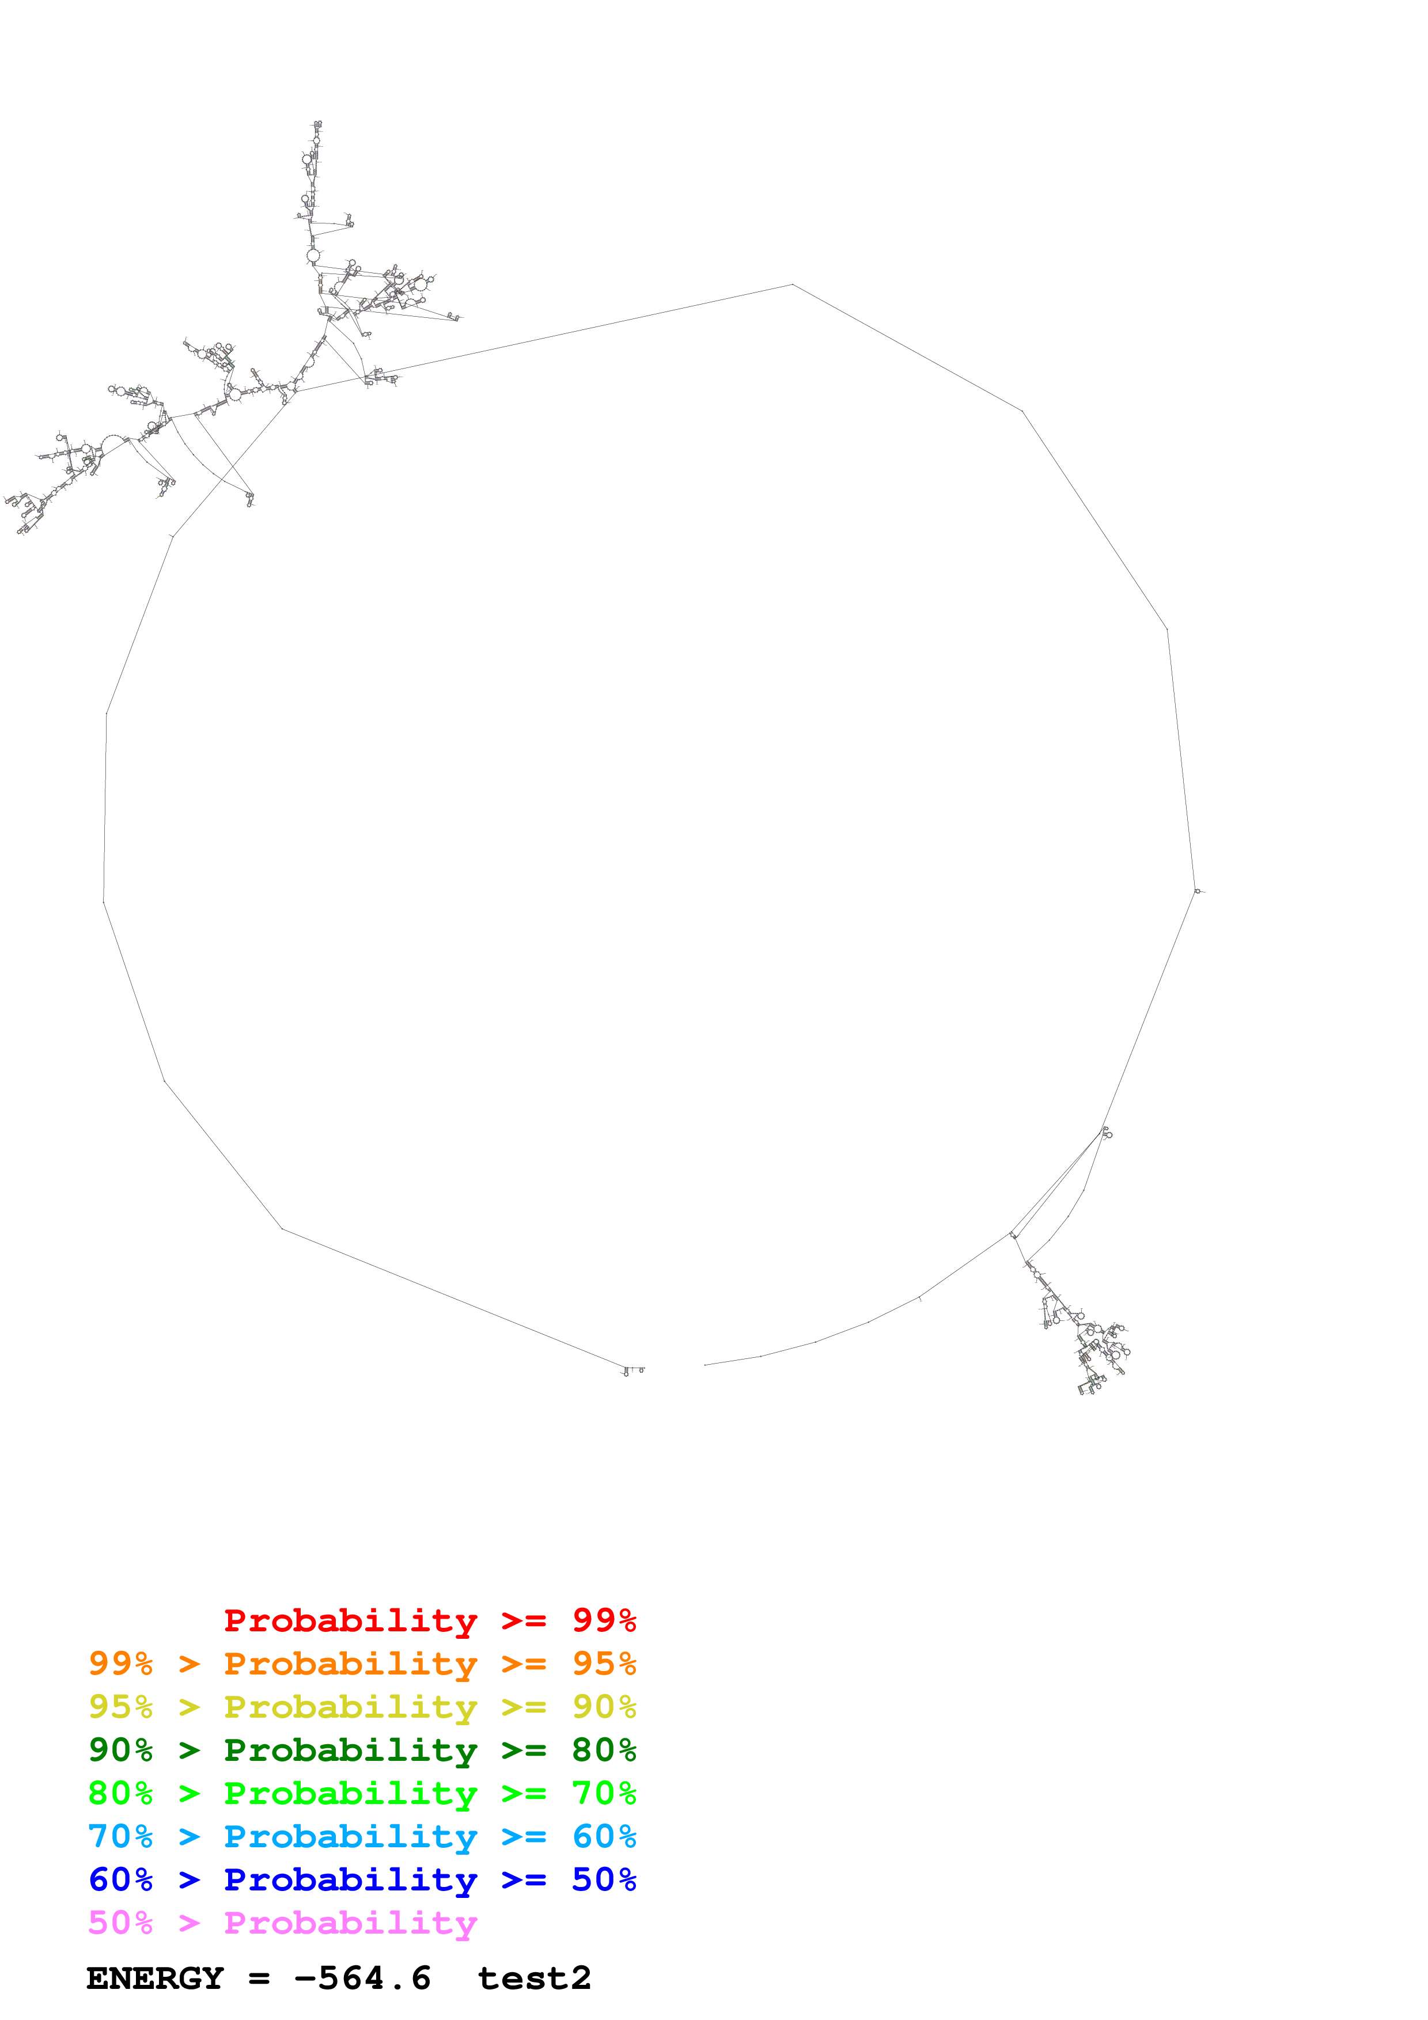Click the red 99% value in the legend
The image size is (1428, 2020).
click(x=604, y=1620)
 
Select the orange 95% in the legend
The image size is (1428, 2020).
click(x=604, y=1663)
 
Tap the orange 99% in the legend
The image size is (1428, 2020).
click(x=120, y=1663)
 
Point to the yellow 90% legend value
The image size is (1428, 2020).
click(x=604, y=1706)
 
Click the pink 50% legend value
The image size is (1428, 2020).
click(x=120, y=1922)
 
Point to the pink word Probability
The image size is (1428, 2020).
click(x=350, y=1922)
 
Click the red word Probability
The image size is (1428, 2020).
click(x=350, y=1620)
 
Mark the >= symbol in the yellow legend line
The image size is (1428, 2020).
click(x=524, y=1706)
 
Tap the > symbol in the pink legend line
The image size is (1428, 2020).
click(x=189, y=1922)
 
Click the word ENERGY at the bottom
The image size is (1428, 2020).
click(x=155, y=1978)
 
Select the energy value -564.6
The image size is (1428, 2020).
click(x=362, y=1978)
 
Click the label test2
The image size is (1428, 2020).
click(x=534, y=1978)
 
